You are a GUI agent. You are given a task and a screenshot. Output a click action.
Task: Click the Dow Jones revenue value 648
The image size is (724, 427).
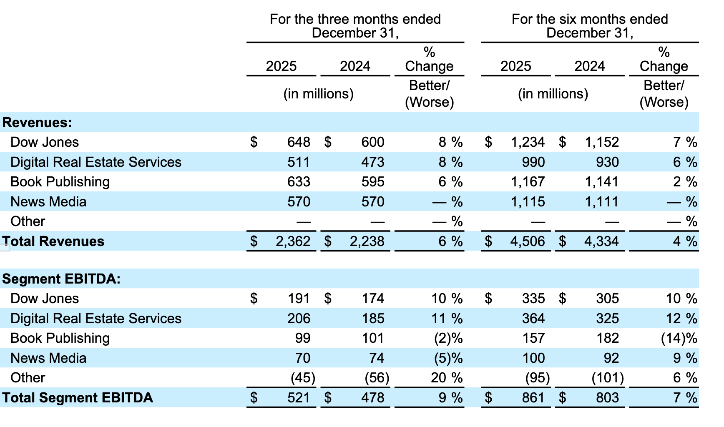pos(299,142)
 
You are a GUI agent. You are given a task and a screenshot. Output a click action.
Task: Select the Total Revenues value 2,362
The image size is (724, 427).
pos(293,241)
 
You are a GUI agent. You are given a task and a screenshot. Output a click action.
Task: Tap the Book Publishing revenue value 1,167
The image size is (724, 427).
pos(528,182)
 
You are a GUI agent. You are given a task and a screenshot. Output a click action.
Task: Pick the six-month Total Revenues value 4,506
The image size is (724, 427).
pos(528,241)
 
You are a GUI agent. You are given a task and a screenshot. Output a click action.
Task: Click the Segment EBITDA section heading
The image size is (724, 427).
pos(61,279)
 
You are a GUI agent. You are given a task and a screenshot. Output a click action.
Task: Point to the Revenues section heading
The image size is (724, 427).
pos(37,123)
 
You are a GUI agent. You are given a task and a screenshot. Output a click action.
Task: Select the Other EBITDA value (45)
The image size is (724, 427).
pos(303,378)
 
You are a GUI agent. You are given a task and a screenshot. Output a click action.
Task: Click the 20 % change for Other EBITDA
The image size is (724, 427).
pos(446,378)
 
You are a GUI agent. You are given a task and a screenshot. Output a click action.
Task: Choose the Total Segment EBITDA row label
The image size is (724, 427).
pos(78,398)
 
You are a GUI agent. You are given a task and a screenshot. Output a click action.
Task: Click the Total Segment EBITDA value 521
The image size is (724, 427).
pos(299,398)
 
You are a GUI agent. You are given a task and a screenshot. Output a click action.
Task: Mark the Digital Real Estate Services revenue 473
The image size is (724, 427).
pos(372,162)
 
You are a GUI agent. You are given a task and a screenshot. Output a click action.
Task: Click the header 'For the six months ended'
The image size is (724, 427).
pos(590,19)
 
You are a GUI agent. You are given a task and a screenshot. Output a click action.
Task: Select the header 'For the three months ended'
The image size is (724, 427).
pos(355,19)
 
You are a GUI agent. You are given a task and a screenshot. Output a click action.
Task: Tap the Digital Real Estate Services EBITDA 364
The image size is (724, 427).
pos(533,319)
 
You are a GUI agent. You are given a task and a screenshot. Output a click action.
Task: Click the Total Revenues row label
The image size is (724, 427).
pos(53,241)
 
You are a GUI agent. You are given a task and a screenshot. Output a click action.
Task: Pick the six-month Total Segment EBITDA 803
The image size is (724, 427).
pos(607,398)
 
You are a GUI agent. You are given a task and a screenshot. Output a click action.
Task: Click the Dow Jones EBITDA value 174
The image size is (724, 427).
pos(372,299)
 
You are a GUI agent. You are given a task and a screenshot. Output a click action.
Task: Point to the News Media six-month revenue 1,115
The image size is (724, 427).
pos(528,202)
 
